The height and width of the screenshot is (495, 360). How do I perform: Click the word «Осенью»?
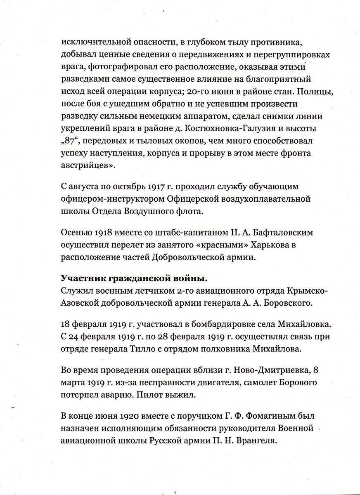(x=75, y=233)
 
